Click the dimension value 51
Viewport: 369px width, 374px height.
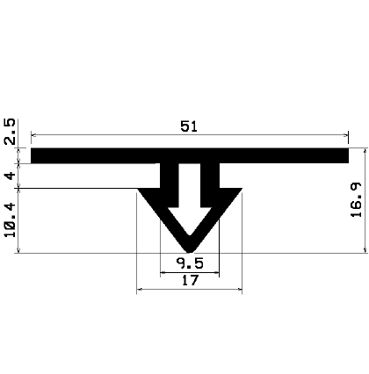tap(188, 126)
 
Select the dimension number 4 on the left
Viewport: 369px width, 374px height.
tap(10, 175)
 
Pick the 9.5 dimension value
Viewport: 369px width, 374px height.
tap(188, 263)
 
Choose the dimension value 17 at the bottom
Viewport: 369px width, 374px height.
tap(188, 281)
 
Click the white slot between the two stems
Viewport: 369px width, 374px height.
tap(189, 180)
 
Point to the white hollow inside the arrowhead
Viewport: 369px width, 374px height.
tap(189, 219)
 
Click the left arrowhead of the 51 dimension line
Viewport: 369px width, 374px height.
tap(34, 134)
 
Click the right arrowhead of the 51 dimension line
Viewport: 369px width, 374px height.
tap(345, 134)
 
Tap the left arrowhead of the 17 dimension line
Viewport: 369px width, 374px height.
tap(141, 290)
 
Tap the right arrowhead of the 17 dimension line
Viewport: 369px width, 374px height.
tap(239, 290)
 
